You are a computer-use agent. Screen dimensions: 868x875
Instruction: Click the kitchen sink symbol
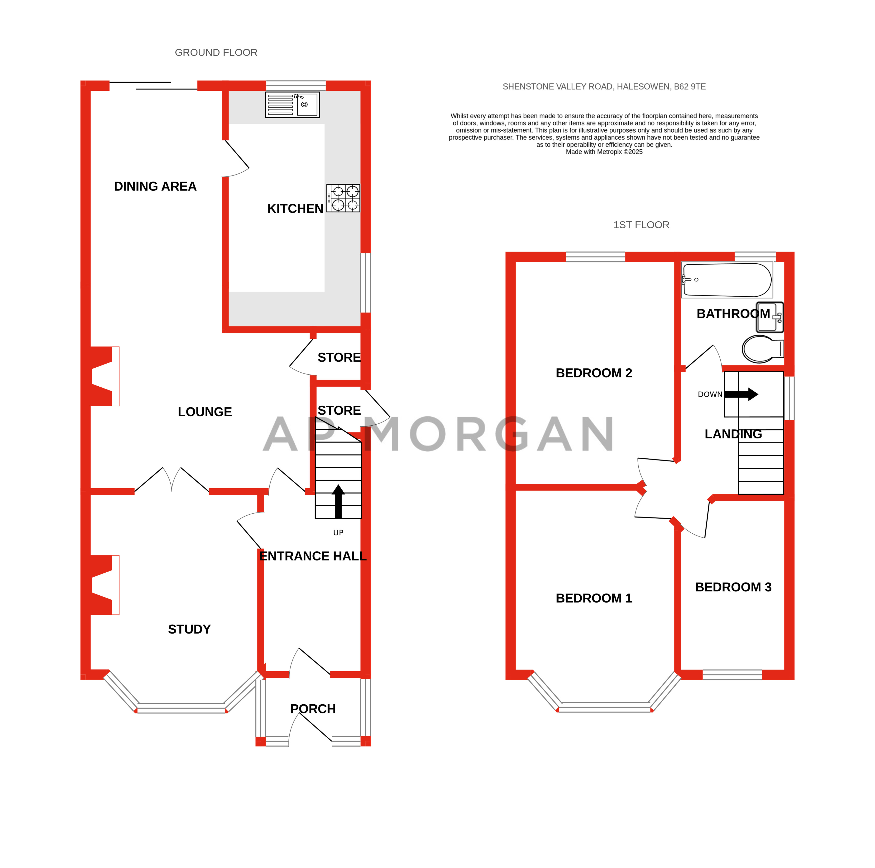pyautogui.click(x=292, y=104)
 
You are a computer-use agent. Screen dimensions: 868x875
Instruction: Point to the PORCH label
pyautogui.click(x=313, y=709)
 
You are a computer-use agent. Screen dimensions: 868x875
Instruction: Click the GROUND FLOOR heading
pyautogui.click(x=216, y=52)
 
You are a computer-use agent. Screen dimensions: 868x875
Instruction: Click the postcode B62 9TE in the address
pyautogui.click(x=689, y=86)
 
